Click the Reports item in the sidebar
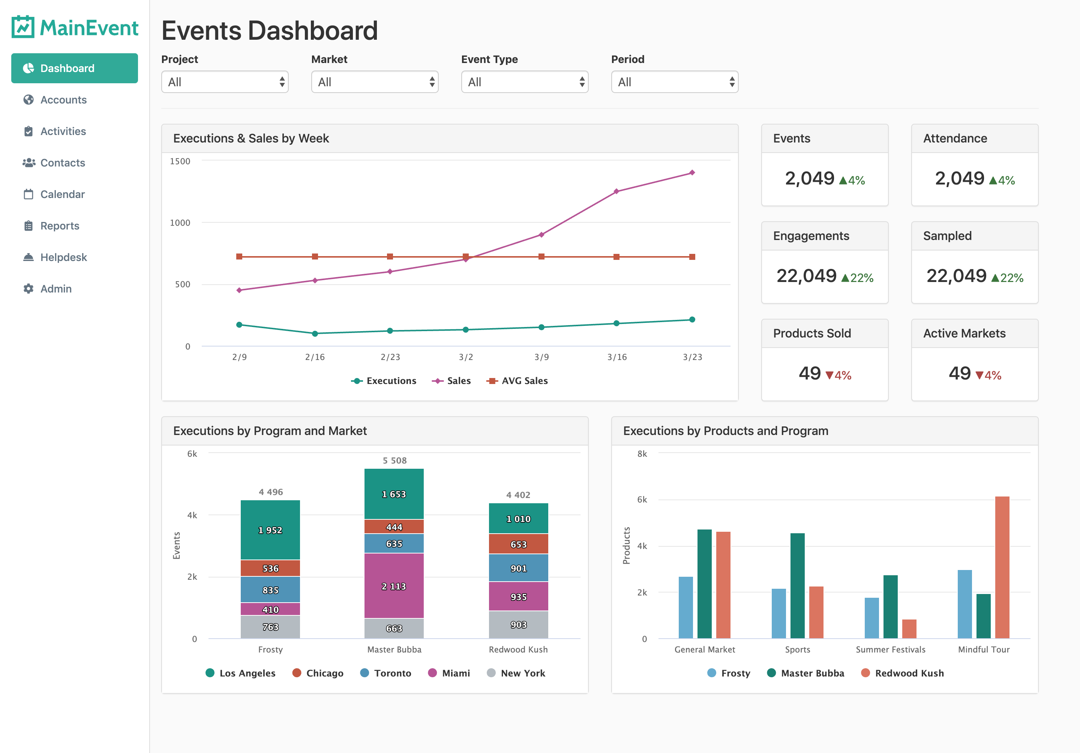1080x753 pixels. [x=59, y=226]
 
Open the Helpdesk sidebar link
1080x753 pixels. [x=63, y=257]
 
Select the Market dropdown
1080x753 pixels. [x=374, y=82]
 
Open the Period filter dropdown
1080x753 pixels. [x=674, y=82]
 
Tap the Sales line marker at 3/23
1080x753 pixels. [x=692, y=172]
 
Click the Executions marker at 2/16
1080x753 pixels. [x=315, y=333]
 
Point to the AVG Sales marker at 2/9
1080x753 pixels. [x=239, y=256]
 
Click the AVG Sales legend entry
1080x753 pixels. [x=517, y=381]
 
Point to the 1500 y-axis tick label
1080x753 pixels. [x=180, y=161]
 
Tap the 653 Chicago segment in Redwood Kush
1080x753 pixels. [x=518, y=544]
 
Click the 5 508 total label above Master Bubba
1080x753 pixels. [x=394, y=460]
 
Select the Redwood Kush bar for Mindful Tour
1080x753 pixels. [x=1002, y=567]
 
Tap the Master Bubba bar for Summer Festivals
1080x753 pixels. [x=890, y=606]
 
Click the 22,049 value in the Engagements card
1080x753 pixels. [x=806, y=276]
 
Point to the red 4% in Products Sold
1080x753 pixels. [x=843, y=375]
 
